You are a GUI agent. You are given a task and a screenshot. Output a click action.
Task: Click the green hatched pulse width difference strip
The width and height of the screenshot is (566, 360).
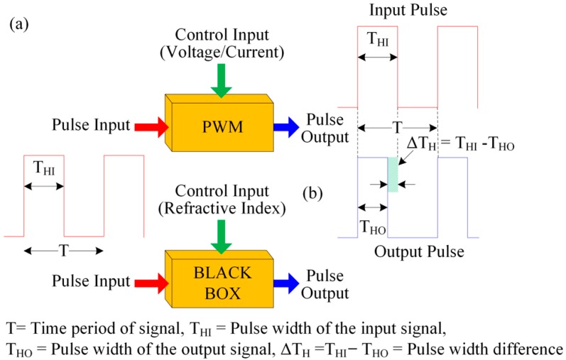pos(393,173)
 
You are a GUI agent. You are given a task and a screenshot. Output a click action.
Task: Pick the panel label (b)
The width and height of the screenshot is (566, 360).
pos(315,193)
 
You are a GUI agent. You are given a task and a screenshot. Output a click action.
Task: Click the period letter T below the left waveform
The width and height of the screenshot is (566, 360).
pos(63,251)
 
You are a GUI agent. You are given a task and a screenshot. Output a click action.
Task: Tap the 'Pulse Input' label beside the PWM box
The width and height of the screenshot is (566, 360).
pos(91,127)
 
